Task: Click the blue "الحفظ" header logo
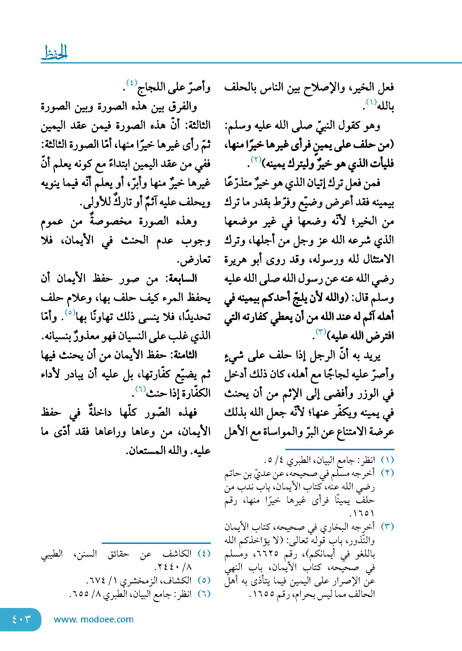point(55,53)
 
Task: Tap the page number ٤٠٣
point(21,619)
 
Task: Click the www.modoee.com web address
point(94,619)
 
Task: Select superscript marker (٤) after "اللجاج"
point(132,83)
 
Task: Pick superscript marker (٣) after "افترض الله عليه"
point(321,332)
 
